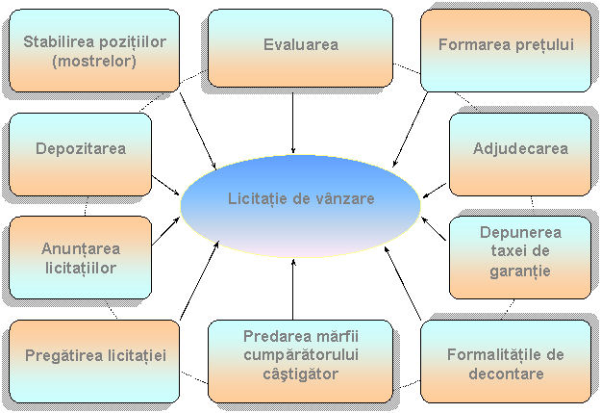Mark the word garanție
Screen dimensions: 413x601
click(x=520, y=271)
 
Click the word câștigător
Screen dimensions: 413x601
click(x=300, y=374)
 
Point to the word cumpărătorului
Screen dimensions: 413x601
click(x=300, y=355)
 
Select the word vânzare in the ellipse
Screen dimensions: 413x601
click(x=342, y=199)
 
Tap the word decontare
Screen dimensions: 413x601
click(x=506, y=374)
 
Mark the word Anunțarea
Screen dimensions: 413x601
click(x=81, y=249)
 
